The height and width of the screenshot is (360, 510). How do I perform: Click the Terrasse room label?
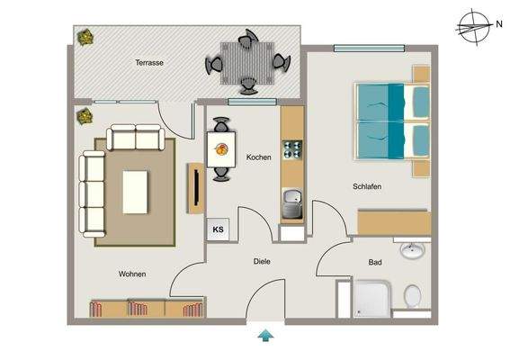(x=149, y=63)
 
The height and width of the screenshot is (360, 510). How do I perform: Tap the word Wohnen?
(x=131, y=274)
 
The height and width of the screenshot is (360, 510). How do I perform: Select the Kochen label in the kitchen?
(x=258, y=157)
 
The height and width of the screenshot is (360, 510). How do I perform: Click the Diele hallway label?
(x=262, y=262)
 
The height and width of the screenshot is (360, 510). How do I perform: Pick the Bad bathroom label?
(x=374, y=263)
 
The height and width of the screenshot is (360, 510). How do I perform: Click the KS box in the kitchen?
(x=219, y=229)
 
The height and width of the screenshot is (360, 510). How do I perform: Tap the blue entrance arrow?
(x=266, y=337)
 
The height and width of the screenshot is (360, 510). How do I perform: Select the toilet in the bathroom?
(x=412, y=294)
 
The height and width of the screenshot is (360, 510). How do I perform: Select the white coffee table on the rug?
(x=136, y=191)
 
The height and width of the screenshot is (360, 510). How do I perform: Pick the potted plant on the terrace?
(x=85, y=38)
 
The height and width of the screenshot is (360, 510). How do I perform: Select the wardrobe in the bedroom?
(x=394, y=222)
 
